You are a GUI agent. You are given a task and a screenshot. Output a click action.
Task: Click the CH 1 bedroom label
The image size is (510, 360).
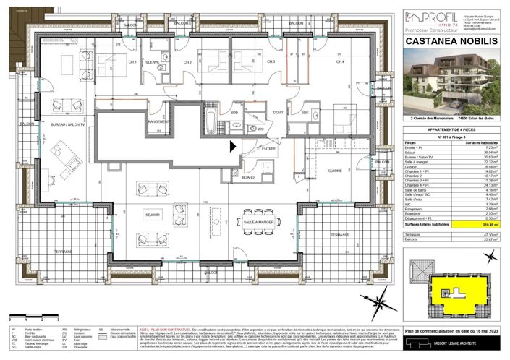(x=132, y=62)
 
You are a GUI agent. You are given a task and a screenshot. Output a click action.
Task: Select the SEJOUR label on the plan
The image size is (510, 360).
(x=152, y=215)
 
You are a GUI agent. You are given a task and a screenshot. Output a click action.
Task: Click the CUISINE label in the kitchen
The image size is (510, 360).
(x=334, y=171)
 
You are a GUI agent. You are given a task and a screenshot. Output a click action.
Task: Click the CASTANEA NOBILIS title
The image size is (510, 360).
(x=451, y=42)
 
